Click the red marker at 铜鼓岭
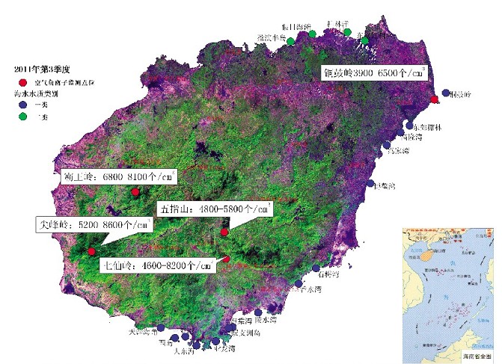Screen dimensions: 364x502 435,99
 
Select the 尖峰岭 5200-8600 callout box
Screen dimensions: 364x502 93,224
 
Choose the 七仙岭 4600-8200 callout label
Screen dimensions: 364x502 156,265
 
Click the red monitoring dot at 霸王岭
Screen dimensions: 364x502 135,193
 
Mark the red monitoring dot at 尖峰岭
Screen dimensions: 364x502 91,251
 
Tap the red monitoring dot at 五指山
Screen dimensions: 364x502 224,232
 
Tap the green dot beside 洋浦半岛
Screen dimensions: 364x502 290,42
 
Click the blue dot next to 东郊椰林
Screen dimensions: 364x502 409,126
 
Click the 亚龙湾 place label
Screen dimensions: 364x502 224,349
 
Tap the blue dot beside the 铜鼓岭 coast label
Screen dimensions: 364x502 446,93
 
